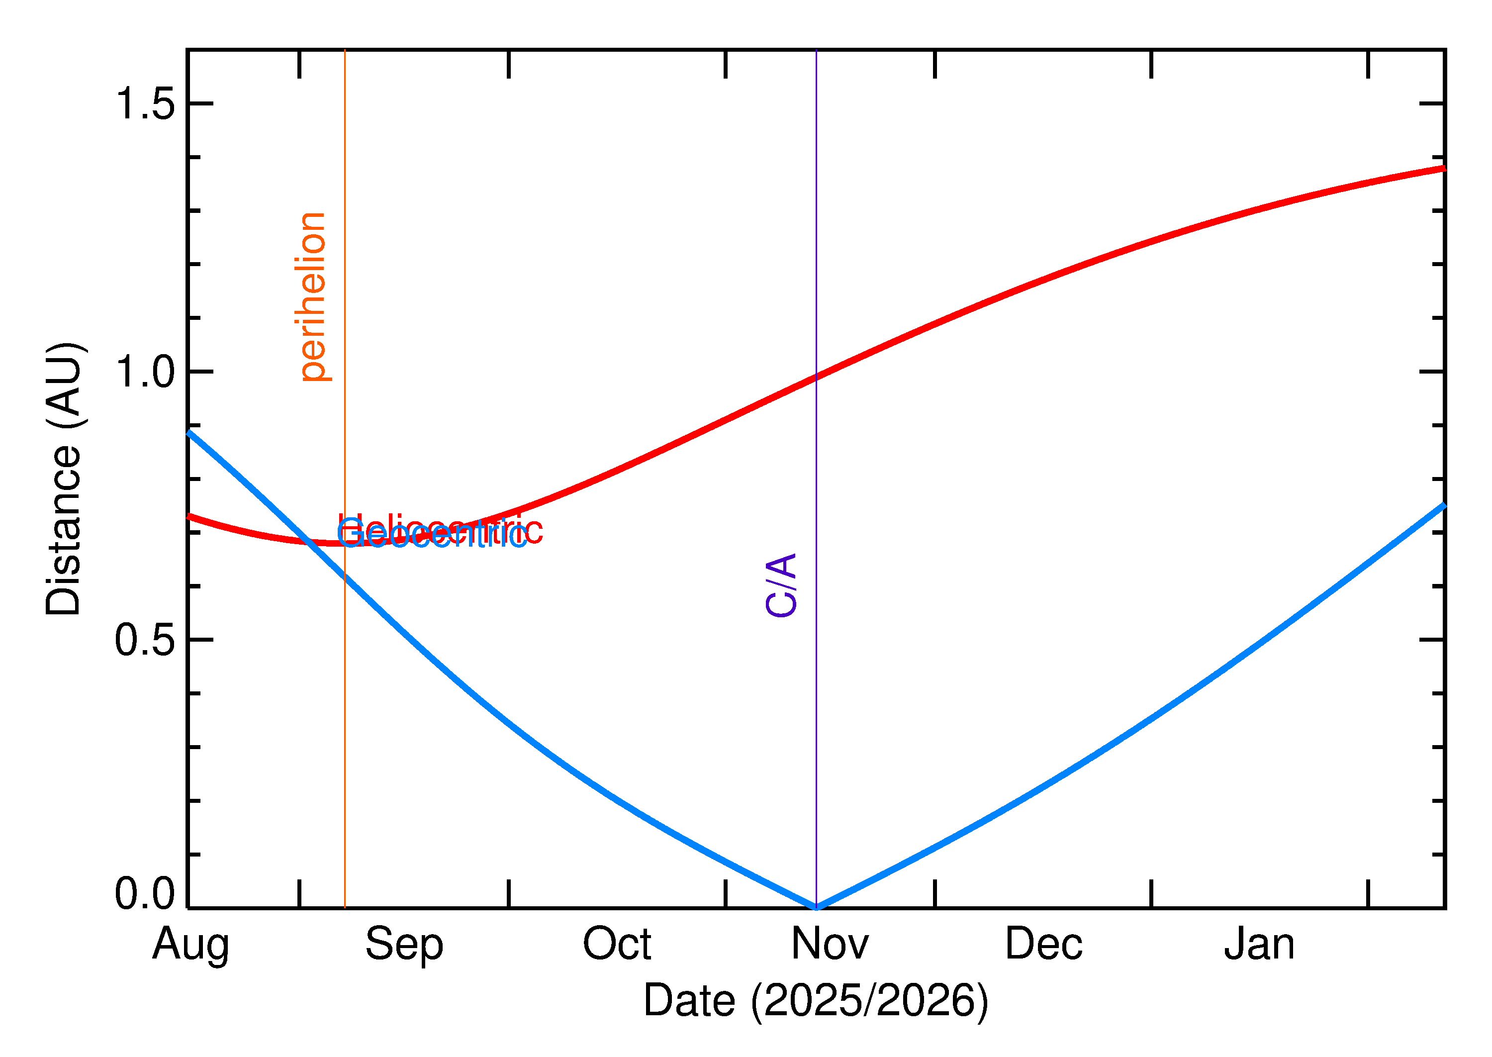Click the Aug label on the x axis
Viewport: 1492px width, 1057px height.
190,945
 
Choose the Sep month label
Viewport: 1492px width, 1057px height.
404,945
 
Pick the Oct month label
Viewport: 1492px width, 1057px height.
617,945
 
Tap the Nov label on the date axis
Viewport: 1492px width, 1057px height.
830,945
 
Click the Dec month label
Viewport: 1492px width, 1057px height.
1044,945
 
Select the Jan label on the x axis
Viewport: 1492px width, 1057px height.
1259,945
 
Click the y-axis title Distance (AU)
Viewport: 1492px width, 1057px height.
63,479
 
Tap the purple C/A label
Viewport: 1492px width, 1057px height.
781,585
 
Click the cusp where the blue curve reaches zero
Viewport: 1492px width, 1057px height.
817,907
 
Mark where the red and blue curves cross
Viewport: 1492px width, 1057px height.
307,542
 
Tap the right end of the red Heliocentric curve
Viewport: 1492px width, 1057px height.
1443,169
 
